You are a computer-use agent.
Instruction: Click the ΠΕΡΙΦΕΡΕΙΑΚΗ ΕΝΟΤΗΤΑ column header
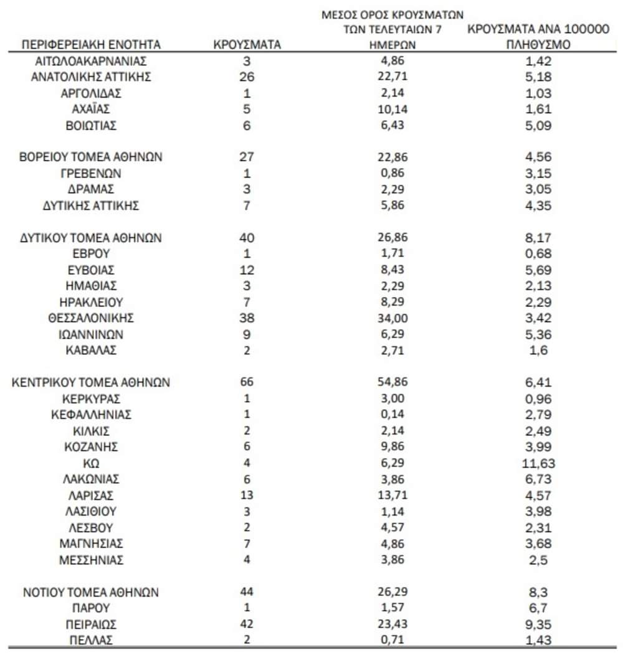[x=92, y=45]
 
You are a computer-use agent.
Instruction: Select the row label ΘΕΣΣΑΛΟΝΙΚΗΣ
[x=92, y=318]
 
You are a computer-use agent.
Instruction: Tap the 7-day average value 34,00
[x=392, y=318]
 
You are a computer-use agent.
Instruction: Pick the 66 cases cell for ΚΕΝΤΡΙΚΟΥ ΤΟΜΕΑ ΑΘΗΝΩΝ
[x=247, y=382]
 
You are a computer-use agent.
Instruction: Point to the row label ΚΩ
[x=92, y=463]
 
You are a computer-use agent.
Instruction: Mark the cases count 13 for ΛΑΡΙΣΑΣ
[x=247, y=496]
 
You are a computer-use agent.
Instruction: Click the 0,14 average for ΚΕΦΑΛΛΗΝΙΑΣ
[x=392, y=415]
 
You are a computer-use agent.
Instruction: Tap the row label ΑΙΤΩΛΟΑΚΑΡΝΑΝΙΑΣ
[x=92, y=61]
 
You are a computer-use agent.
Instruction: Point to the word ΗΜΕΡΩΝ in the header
[x=392, y=45]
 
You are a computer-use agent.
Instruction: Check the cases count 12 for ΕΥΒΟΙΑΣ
[x=247, y=270]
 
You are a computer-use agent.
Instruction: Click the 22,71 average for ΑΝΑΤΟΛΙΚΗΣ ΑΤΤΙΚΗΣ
[x=392, y=77]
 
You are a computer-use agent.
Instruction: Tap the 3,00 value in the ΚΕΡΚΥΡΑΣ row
[x=392, y=399]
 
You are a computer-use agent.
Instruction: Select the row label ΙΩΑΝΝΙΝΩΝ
[x=92, y=334]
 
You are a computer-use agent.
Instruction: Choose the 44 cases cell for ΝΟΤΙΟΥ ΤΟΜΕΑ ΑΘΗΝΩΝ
[x=247, y=592]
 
